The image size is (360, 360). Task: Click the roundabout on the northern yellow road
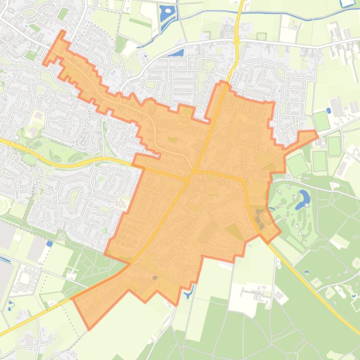tap(236, 41)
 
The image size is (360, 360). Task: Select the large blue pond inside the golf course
tap(304, 198)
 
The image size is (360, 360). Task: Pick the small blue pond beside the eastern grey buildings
tap(329, 111)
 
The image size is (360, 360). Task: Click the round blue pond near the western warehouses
tap(50, 244)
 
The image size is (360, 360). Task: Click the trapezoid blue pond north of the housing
tap(176, 53)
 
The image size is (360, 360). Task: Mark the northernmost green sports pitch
tap(322, 121)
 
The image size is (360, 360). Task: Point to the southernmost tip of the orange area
tap(88, 329)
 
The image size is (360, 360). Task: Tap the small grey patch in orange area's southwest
tap(154, 278)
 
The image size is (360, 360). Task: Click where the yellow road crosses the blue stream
tap(241, 13)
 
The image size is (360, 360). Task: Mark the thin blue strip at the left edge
tap(4, 259)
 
